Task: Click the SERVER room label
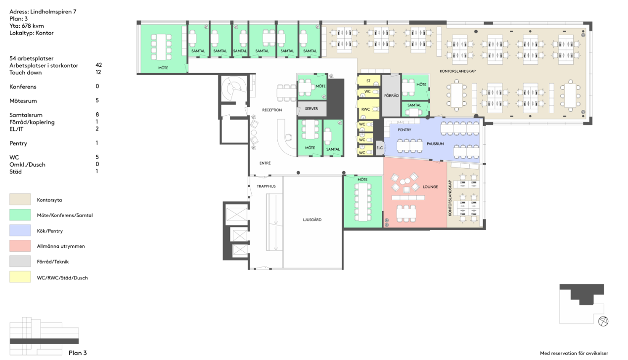pos(311,108)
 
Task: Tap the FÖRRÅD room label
pos(391,95)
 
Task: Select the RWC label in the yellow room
pos(365,109)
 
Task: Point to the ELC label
pos(379,148)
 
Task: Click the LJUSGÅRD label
pos(312,220)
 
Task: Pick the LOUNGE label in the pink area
pos(430,187)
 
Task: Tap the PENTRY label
pos(404,130)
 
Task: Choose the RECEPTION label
pos(272,110)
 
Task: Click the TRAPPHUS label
pos(266,186)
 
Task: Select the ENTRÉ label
pos(265,163)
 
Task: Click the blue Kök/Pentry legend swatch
pos(20,230)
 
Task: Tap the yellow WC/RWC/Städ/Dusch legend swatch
pos(20,277)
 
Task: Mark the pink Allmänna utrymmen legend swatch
pos(20,246)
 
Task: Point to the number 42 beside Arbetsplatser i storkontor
pos(98,65)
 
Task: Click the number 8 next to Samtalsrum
pos(97,114)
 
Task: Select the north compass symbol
pos(603,321)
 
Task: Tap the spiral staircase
pos(234,89)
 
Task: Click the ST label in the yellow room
pos(368,81)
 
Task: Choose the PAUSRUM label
pos(435,144)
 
